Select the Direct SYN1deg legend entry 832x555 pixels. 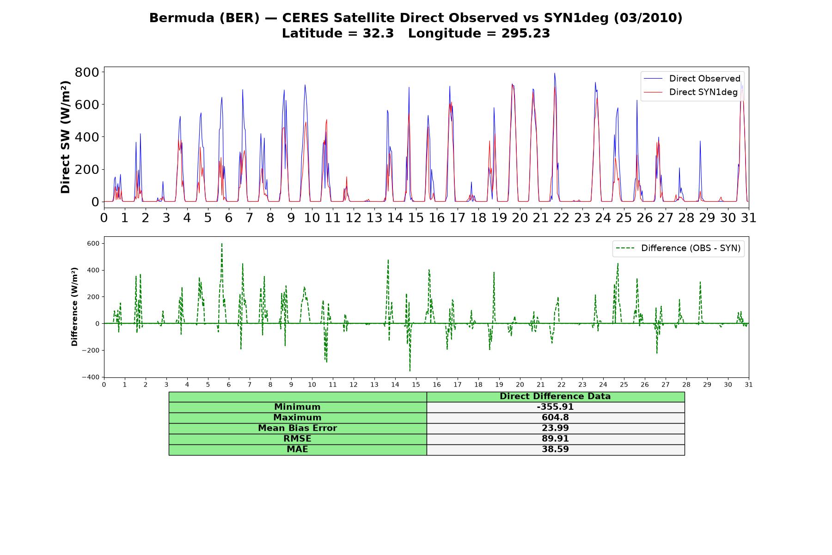tap(691, 92)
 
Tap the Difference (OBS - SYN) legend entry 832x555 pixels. tap(678, 248)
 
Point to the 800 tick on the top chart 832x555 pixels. tap(87, 72)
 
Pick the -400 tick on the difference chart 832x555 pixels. tap(90, 377)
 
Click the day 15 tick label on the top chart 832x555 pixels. tap(416, 217)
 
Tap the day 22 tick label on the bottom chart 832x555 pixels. tap(562, 384)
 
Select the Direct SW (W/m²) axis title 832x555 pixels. tap(65, 137)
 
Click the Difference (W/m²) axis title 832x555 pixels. tap(74, 307)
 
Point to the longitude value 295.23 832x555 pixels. tap(526, 33)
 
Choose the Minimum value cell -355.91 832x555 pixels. tap(555, 407)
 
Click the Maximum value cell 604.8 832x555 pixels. tap(555, 418)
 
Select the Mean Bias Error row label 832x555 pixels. tap(297, 428)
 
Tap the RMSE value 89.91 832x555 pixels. tap(555, 439)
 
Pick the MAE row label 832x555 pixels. tap(297, 450)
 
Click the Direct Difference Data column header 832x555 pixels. tap(555, 396)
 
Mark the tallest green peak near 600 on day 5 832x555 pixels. tap(222, 244)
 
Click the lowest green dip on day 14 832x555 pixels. tap(410, 370)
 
